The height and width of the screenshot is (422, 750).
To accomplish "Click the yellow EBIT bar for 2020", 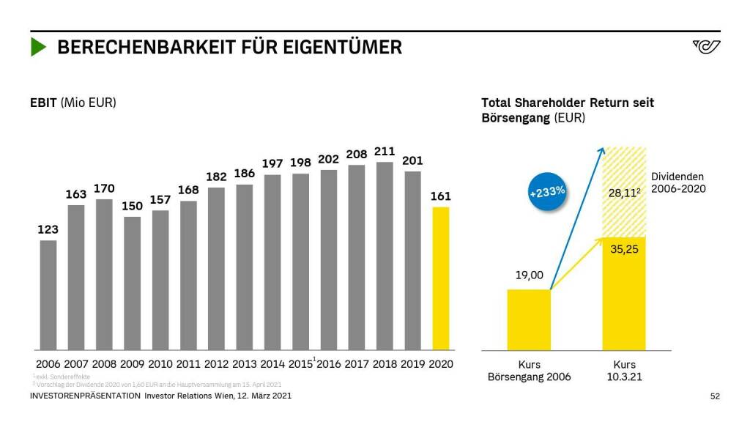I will click(x=441, y=278).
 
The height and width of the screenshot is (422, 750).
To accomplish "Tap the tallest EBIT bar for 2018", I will click(x=385, y=256).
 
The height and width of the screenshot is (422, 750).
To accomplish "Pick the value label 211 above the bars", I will click(x=385, y=152).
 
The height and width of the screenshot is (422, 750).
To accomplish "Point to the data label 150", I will click(x=132, y=207).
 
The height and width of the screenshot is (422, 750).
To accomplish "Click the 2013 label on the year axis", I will click(x=245, y=364).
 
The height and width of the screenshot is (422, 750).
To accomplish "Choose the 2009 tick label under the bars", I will click(x=133, y=364).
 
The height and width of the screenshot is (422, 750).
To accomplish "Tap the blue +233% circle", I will click(x=546, y=192).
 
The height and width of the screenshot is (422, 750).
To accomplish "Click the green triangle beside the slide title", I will click(x=38, y=48).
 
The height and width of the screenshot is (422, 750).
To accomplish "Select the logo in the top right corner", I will click(x=706, y=47).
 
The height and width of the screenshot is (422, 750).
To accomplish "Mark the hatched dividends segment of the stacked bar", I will click(x=624, y=192).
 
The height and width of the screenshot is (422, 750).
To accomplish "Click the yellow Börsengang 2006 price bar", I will click(x=529, y=319).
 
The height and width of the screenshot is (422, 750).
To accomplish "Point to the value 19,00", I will click(x=529, y=275).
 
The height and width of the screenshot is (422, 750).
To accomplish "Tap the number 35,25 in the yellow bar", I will click(x=624, y=249).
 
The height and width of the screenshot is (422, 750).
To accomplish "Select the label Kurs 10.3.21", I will click(x=624, y=371).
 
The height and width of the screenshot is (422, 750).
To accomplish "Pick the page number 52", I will click(x=715, y=396).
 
